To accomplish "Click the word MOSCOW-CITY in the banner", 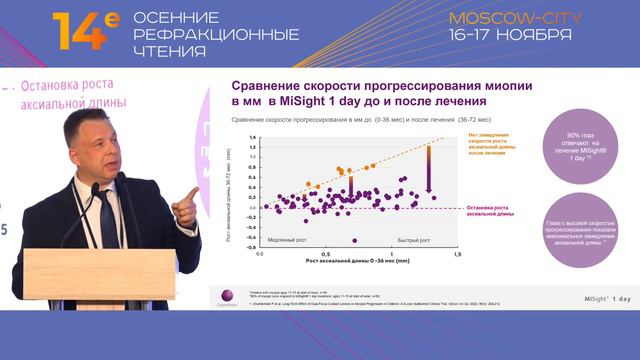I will point(509,19).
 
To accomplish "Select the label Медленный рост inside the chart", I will point(292,240).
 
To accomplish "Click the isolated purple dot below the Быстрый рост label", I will point(353,240).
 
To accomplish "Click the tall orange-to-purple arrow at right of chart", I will point(429,168).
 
